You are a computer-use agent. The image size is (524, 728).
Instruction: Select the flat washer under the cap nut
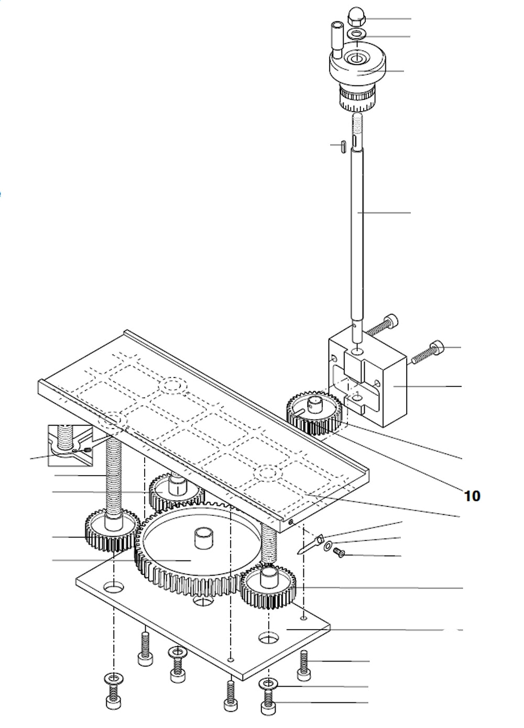click(x=357, y=35)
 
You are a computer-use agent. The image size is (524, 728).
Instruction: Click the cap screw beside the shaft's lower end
click(x=381, y=325)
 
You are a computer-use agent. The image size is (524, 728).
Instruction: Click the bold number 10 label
click(x=472, y=495)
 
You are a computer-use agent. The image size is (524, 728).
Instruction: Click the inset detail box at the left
click(x=70, y=445)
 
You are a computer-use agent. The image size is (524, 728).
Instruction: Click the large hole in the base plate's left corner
click(x=113, y=587)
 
